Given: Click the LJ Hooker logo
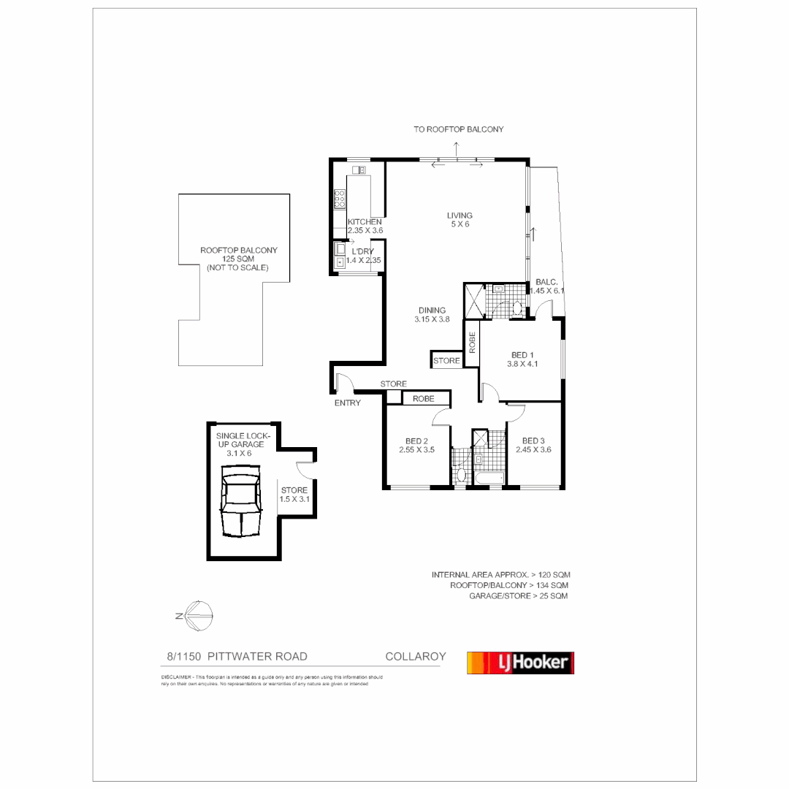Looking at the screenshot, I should click(x=520, y=663).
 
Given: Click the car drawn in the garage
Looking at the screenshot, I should click(x=241, y=504).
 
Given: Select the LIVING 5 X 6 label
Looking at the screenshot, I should click(x=460, y=220).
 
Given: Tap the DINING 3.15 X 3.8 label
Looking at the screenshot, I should click(x=432, y=315).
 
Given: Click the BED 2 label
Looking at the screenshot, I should click(x=416, y=446).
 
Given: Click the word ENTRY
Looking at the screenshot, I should click(x=348, y=403).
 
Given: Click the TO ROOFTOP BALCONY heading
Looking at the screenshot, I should click(x=458, y=129).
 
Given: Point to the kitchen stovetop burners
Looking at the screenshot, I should click(x=340, y=199).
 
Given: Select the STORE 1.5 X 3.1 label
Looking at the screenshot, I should click(x=294, y=495).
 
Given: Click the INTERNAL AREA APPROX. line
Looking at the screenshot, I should click(x=500, y=575).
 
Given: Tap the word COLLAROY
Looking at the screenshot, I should click(x=415, y=657).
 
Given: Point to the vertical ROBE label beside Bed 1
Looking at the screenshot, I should click(x=472, y=343).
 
